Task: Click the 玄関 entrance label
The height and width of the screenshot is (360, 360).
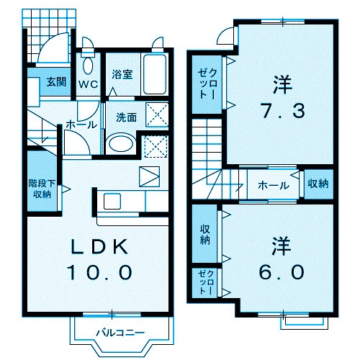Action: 56,81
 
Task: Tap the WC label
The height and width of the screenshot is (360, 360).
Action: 88,83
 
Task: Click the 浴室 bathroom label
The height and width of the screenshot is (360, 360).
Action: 122,73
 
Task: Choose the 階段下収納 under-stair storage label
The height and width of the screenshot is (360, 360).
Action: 40,188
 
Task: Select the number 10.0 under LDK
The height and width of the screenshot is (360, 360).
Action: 102,272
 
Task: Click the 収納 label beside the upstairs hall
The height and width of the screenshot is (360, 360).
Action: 318,184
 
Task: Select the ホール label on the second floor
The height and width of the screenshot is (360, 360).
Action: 274,185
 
